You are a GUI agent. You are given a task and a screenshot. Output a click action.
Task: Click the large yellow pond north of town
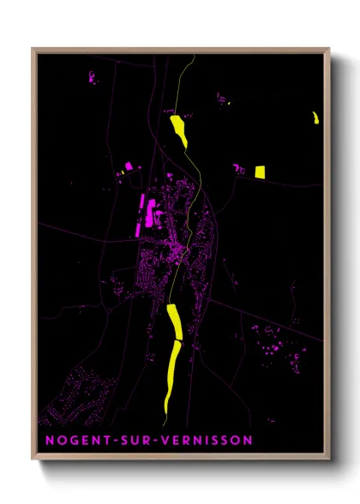tap(179, 131)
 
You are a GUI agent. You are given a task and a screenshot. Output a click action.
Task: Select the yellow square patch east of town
tap(260, 171)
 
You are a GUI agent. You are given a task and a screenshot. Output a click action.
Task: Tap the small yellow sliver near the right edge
tap(315, 117)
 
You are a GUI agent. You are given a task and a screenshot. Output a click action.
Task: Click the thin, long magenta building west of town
tap(142, 214)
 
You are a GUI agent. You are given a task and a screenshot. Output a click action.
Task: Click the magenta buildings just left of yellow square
tap(239, 170)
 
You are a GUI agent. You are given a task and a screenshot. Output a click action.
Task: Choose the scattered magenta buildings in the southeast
tap(270, 343)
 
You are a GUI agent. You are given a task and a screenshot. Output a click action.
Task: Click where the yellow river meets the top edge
tap(195, 57)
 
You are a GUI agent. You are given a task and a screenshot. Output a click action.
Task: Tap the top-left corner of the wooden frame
tap(33, 49)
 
